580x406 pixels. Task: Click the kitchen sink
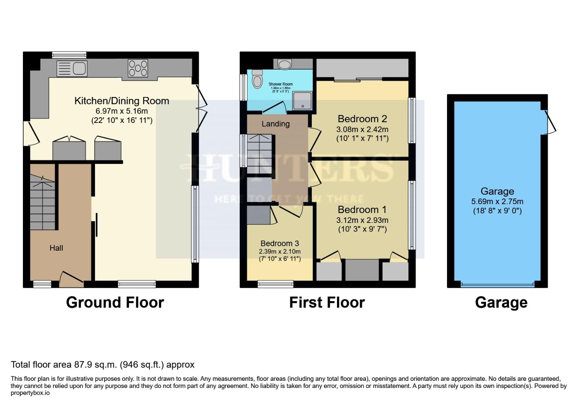72,68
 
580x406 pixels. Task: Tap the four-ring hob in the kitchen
138,68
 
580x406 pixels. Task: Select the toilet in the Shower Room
257,79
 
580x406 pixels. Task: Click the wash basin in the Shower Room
284,64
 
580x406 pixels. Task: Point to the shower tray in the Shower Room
302,101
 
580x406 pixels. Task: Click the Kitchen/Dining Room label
122,101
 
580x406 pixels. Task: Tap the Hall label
56,248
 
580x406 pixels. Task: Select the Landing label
275,124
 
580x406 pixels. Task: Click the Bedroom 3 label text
279,244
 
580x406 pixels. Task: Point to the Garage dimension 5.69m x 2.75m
497,201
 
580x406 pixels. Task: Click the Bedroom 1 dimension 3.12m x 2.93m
362,220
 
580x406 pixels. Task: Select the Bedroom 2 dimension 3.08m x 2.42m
362,129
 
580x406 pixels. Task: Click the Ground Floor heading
115,303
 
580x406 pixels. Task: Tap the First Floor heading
327,303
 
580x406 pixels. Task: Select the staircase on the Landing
258,150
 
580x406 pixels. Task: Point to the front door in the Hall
71,277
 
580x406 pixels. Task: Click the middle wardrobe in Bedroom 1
362,270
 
